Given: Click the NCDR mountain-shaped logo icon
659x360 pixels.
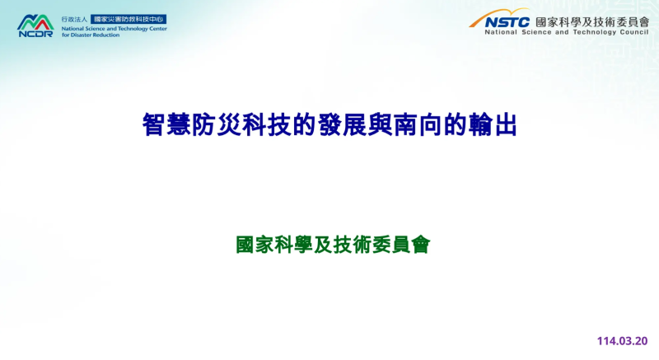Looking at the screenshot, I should click(35, 20).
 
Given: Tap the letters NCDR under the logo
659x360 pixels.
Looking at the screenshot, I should click(35, 34).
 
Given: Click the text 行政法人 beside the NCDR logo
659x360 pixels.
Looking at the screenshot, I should click(74, 18).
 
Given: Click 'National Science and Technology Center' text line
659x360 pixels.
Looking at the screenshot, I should click(114, 28).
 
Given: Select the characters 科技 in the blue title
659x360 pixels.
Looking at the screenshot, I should click(251, 126).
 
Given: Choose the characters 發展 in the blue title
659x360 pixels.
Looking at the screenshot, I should click(339, 126).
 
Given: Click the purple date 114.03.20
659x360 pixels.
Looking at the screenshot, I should click(623, 339).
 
